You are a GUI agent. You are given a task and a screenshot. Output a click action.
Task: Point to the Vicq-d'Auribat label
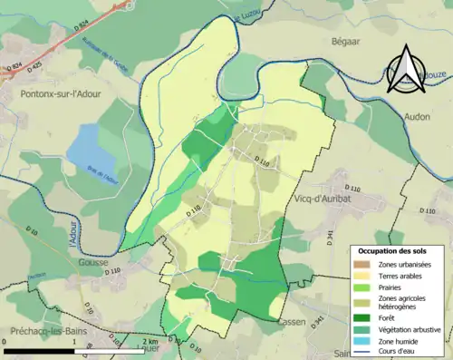click(x=322, y=197)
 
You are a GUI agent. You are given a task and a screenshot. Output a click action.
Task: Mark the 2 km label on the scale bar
click(x=152, y=341)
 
